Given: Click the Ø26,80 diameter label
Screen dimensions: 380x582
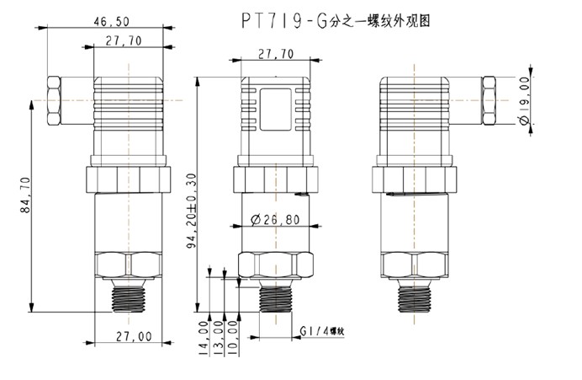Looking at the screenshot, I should (277, 222).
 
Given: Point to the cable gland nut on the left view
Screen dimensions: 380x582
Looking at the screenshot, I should (54, 102).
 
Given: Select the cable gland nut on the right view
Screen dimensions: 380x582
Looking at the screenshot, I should (489, 102).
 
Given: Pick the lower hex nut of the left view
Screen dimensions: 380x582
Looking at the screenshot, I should (131, 265).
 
